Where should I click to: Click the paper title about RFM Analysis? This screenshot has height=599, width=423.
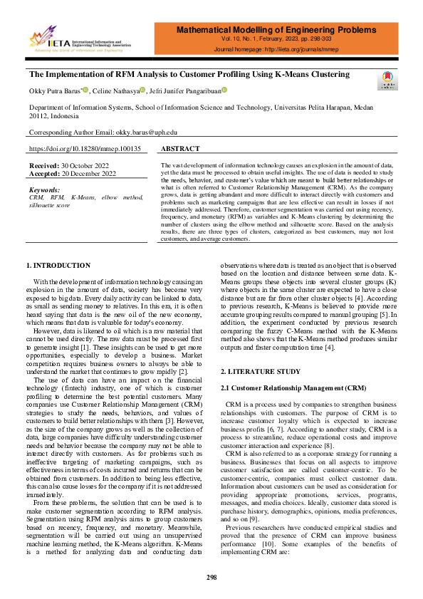(189, 74)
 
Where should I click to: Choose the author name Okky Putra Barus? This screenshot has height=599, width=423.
(56, 90)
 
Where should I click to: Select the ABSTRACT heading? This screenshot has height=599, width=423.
(180, 149)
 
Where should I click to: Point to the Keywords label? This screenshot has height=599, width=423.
(44, 190)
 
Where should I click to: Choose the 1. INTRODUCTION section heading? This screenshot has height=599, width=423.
(58, 246)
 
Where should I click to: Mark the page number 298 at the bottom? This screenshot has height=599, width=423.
(211, 577)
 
